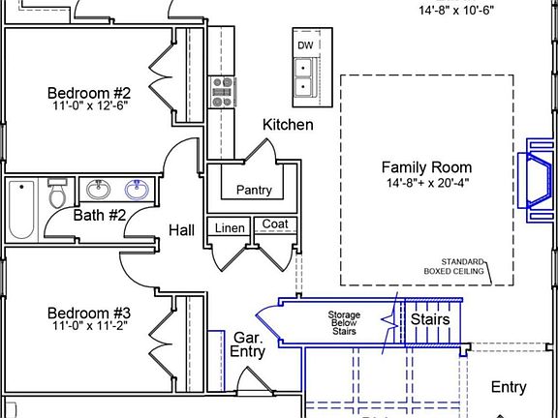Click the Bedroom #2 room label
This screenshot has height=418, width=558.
pyautogui.click(x=89, y=93)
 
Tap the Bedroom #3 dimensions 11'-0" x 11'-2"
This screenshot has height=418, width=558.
pyautogui.click(x=90, y=325)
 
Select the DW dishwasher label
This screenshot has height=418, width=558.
pyautogui.click(x=305, y=45)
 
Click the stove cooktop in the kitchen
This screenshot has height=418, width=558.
pyautogui.click(x=223, y=92)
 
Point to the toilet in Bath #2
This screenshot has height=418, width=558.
pyautogui.click(x=56, y=193)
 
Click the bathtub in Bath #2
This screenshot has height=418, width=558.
pyautogui.click(x=21, y=210)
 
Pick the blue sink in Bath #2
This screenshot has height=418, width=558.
pyautogui.click(x=137, y=190)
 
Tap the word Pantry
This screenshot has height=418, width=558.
pyautogui.click(x=254, y=191)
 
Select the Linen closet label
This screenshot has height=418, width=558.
pyautogui.click(x=230, y=228)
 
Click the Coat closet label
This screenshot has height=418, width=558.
pyautogui.click(x=275, y=224)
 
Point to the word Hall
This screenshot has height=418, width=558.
pyautogui.click(x=181, y=230)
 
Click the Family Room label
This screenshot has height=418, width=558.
pyautogui.click(x=426, y=167)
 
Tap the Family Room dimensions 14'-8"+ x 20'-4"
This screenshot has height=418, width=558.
pyautogui.click(x=428, y=183)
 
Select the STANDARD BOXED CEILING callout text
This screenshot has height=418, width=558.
pyautogui.click(x=454, y=267)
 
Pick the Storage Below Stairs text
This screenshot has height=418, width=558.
pyautogui.click(x=344, y=323)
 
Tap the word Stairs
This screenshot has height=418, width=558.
pyautogui.click(x=430, y=319)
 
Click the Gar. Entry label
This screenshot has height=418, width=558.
pyautogui.click(x=247, y=344)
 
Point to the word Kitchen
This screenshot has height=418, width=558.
pyautogui.click(x=289, y=125)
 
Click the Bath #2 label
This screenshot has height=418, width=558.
pyautogui.click(x=100, y=216)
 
